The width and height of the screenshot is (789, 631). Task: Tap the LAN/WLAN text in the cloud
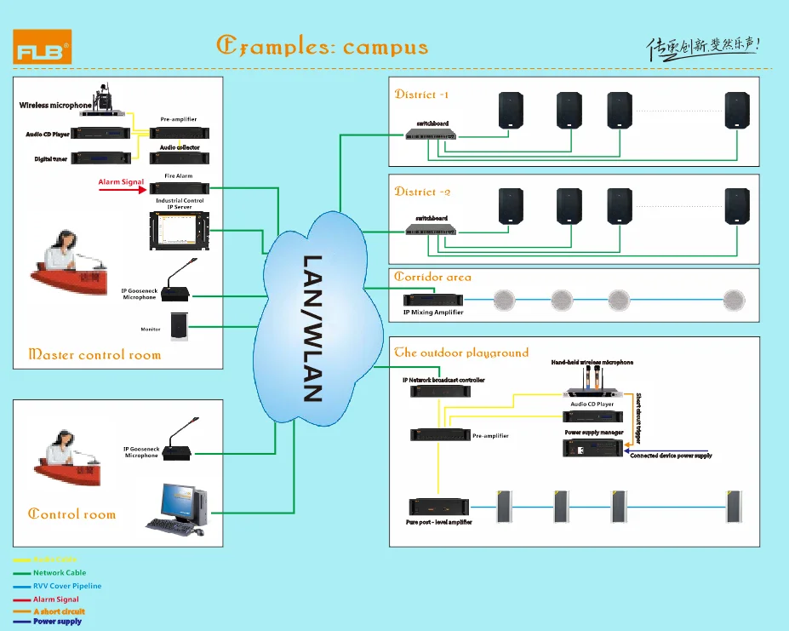pos(313,328)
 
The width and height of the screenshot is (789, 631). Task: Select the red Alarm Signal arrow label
pos(121,182)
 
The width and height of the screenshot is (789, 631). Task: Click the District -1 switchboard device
pos(430,135)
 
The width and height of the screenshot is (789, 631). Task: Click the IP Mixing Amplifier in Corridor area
pos(433,301)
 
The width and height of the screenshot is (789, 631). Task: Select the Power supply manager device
pos(594,446)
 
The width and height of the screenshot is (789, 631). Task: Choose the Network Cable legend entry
pos(59,573)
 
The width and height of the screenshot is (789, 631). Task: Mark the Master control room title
pos(94,354)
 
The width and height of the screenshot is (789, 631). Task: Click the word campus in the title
pos(386,47)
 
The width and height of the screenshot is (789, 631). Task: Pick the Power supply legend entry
pos(57,622)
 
